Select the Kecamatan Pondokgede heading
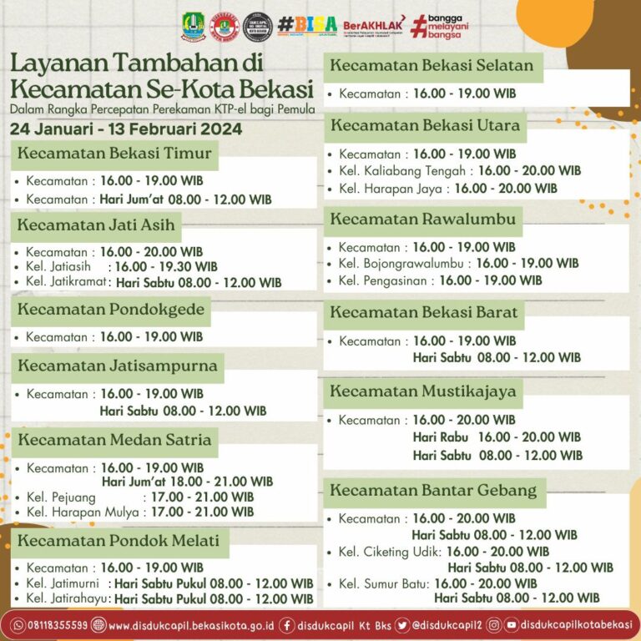click(109, 310)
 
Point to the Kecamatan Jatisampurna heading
click(118, 366)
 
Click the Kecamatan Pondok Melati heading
click(119, 540)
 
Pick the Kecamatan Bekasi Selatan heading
click(432, 66)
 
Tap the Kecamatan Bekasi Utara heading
click(425, 126)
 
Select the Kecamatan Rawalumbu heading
click(423, 220)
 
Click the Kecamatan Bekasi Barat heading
click(424, 313)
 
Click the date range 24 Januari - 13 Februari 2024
click(126, 129)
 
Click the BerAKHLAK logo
click(373, 25)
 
